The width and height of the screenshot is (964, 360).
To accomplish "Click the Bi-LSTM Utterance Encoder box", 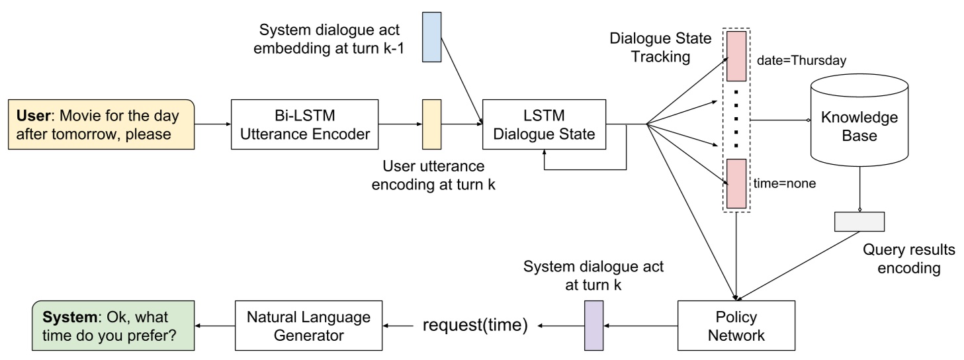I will [304, 124].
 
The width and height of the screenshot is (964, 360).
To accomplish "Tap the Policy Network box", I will [735, 326].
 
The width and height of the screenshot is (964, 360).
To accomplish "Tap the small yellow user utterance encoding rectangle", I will [431, 124].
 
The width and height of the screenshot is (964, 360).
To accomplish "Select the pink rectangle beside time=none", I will [736, 183].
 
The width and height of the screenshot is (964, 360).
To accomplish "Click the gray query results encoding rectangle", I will [859, 221].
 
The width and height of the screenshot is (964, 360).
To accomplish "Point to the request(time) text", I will [475, 326].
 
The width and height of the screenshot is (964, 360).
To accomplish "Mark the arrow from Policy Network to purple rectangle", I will [642, 326].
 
